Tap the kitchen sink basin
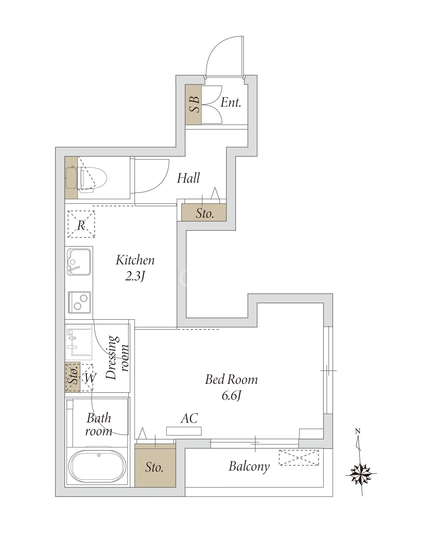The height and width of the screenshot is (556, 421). point(79,262)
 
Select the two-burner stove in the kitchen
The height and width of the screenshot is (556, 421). point(79,302)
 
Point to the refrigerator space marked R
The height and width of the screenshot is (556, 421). point(81,224)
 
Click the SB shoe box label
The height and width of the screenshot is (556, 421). point(193,104)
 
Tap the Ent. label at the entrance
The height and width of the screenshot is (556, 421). point(231,103)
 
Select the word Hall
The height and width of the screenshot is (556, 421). point(188,178)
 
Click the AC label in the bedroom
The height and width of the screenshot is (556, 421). point(189,418)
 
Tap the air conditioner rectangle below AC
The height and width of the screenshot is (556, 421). point(184,431)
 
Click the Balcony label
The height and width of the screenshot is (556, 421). point(249,466)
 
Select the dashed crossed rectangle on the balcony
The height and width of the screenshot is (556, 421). point(299,458)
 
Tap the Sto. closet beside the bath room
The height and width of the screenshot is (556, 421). point(155,465)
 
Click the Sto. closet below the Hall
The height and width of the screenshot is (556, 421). point(204,213)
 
